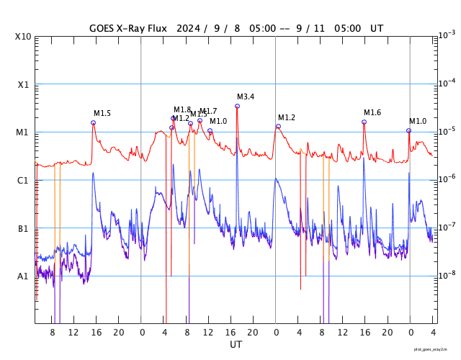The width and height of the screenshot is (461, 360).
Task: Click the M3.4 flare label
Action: tap(246, 96)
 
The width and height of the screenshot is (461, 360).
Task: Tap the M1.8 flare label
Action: tap(182, 109)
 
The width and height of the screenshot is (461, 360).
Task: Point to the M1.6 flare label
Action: tap(372, 112)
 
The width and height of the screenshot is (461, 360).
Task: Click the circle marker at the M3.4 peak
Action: tap(237, 106)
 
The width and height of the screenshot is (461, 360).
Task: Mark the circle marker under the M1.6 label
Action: tap(364, 122)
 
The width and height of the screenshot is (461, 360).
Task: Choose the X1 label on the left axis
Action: tap(23, 84)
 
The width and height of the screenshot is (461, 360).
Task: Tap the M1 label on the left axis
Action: tap(23, 132)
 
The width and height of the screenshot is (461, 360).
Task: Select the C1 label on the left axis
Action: tap(23, 181)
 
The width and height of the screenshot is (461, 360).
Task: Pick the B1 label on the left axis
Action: tap(23, 229)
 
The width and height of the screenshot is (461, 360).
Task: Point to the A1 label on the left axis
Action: tap(23, 276)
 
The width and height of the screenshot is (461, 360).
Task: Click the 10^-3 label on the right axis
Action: tap(447, 35)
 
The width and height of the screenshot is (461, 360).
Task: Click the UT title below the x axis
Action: tap(236, 345)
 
